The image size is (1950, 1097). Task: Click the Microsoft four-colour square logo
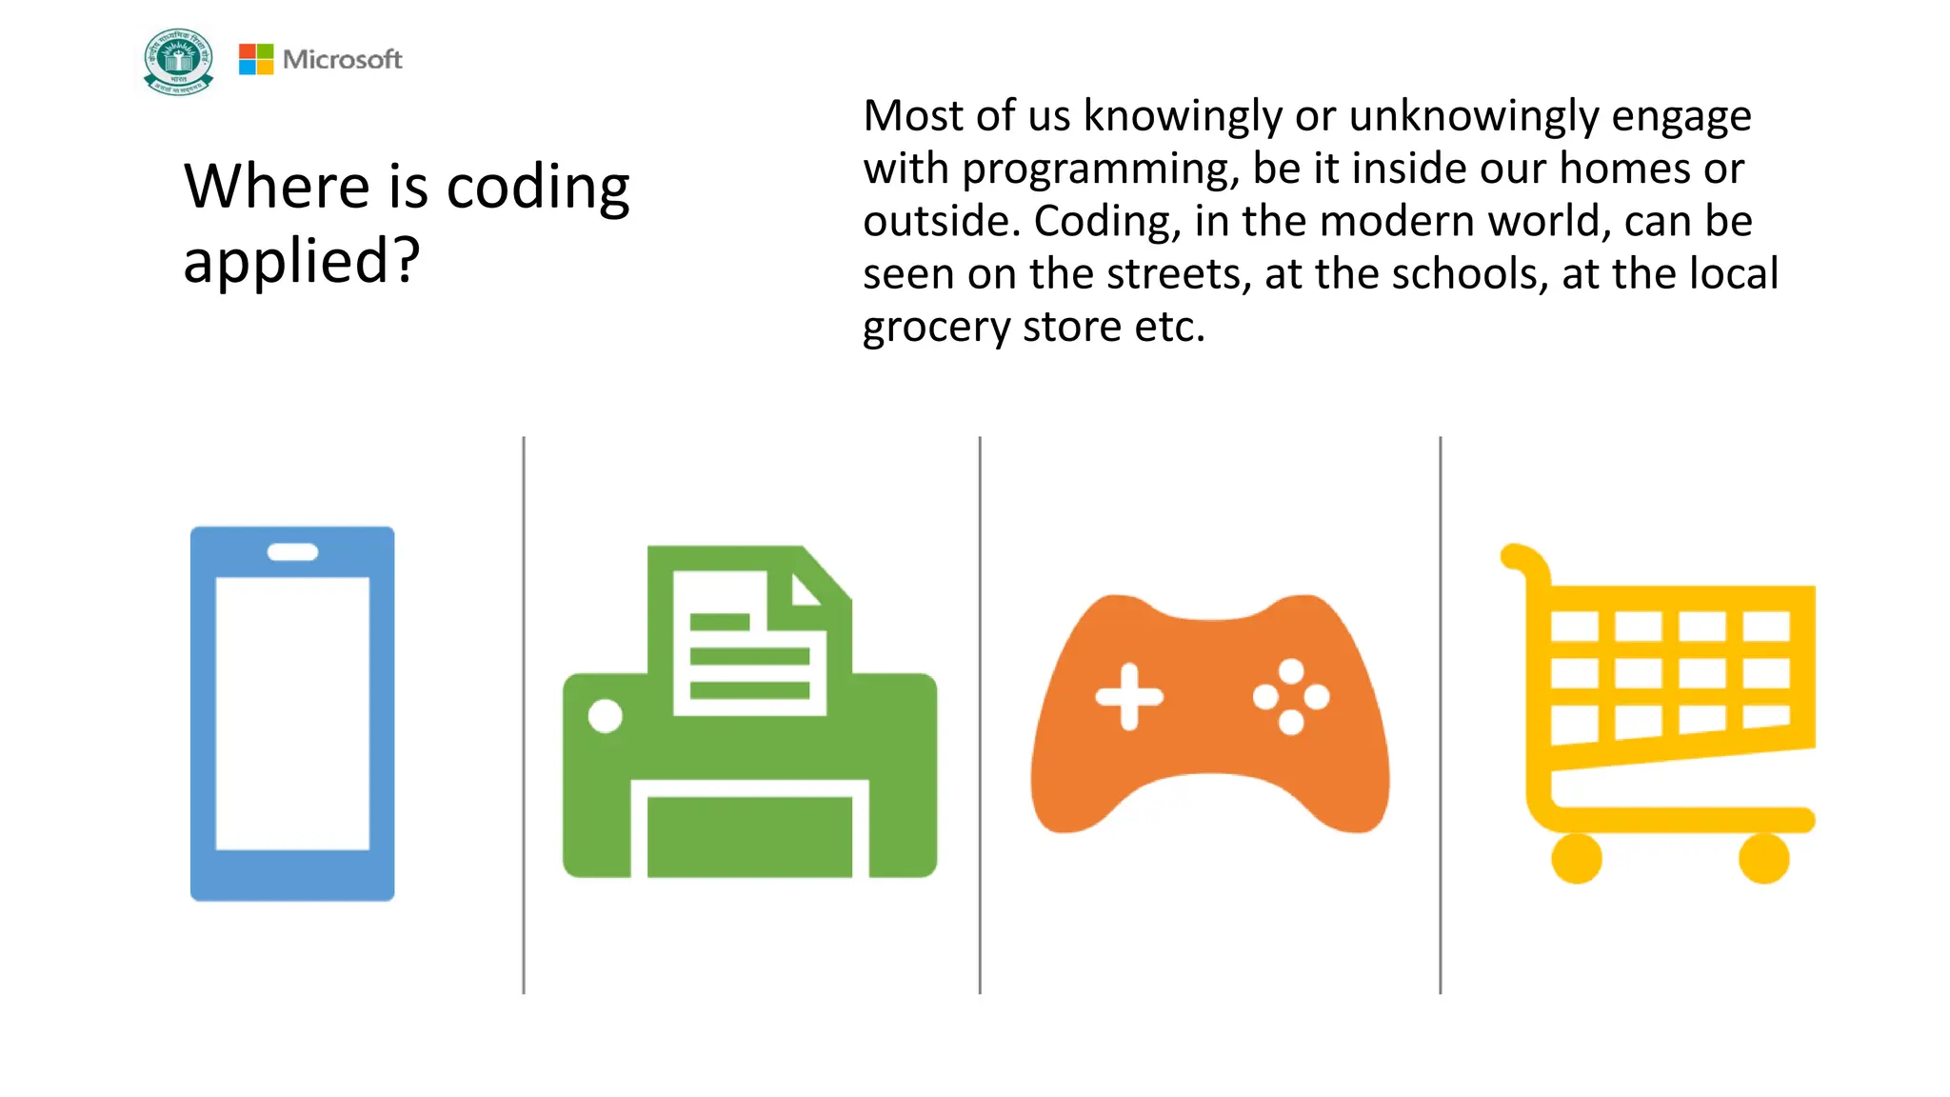(255, 59)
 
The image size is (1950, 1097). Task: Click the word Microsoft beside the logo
(343, 59)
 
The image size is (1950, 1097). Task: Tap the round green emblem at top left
(178, 62)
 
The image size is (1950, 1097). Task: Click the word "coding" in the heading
(538, 187)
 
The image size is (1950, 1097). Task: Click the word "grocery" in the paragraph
(936, 328)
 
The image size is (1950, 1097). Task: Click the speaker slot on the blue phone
(292, 552)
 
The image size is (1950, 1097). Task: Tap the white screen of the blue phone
(292, 712)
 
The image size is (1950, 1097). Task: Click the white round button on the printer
(605, 715)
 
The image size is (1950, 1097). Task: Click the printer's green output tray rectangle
(749, 836)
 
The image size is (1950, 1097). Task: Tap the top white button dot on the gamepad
(1291, 671)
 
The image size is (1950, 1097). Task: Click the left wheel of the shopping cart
(1576, 858)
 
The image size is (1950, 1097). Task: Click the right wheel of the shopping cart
(1763, 858)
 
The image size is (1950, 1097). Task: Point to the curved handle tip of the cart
(1514, 557)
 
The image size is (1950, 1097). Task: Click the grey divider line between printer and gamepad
(980, 714)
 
